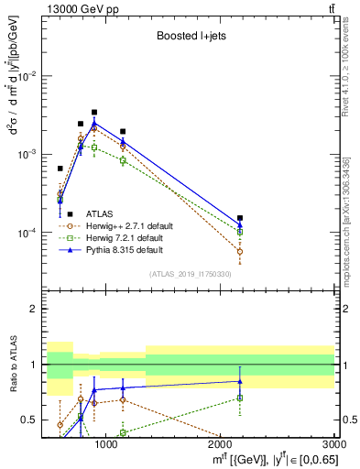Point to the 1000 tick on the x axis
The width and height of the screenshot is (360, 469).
coord(106,443)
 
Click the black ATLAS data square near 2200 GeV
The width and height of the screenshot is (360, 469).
coord(240,218)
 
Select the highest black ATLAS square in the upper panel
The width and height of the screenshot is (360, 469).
coord(94,112)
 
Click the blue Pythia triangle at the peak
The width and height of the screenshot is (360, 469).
coord(94,122)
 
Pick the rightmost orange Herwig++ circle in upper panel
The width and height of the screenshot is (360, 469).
coord(240,251)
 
